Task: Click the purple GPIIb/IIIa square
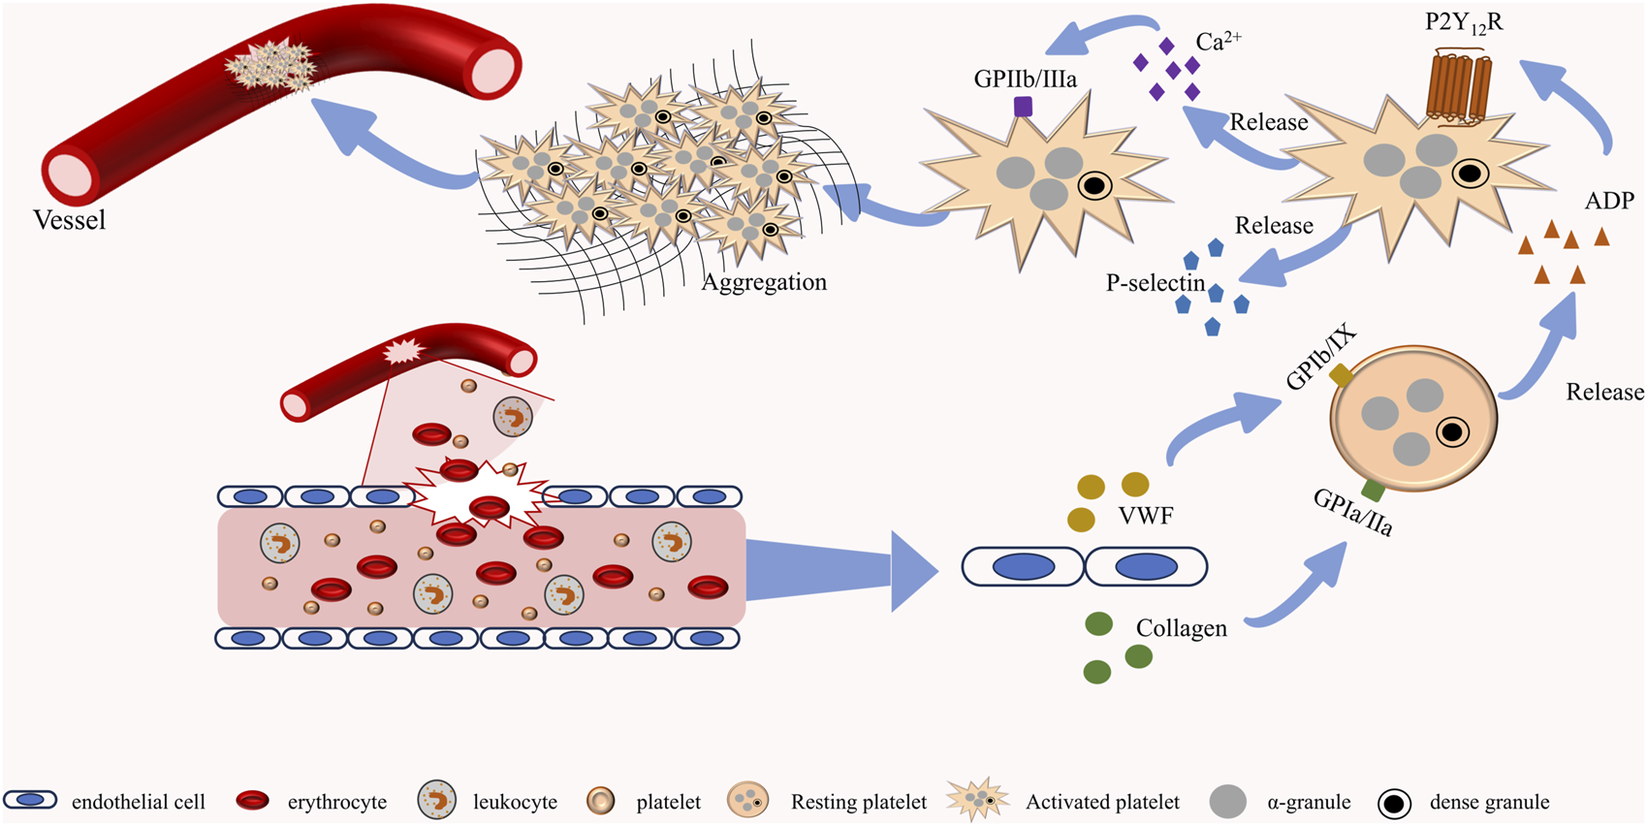(1023, 107)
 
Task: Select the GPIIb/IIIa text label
(1025, 79)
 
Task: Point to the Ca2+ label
(1218, 41)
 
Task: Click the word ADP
(1609, 201)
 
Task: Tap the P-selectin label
(1155, 283)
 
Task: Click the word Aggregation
(764, 282)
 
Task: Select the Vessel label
(69, 220)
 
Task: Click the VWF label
(1146, 516)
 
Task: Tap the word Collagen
(1181, 628)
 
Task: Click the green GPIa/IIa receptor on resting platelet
(1373, 489)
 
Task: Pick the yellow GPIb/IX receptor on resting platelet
(1342, 374)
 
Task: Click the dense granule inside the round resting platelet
(1452, 431)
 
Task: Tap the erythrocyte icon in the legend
(253, 801)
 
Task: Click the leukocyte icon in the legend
(437, 801)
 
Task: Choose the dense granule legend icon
(1394, 803)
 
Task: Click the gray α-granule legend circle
(1228, 802)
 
